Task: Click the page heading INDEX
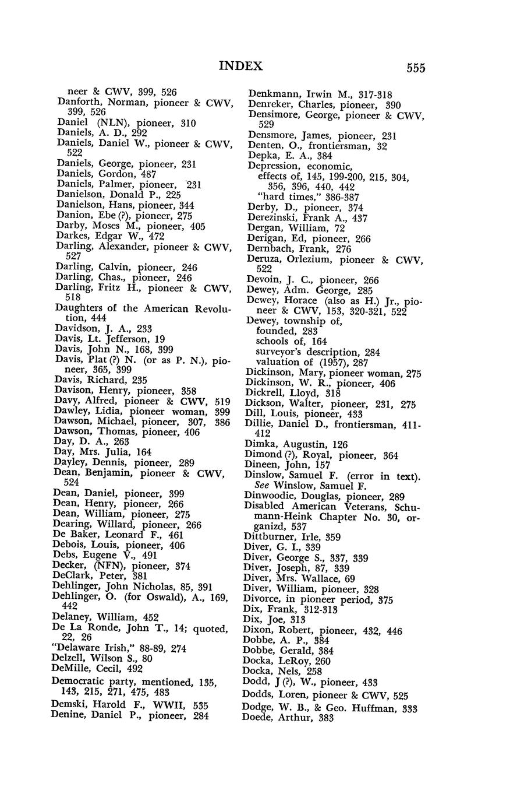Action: [241, 66]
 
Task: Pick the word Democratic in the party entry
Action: [78, 682]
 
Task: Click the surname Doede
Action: [259, 718]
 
